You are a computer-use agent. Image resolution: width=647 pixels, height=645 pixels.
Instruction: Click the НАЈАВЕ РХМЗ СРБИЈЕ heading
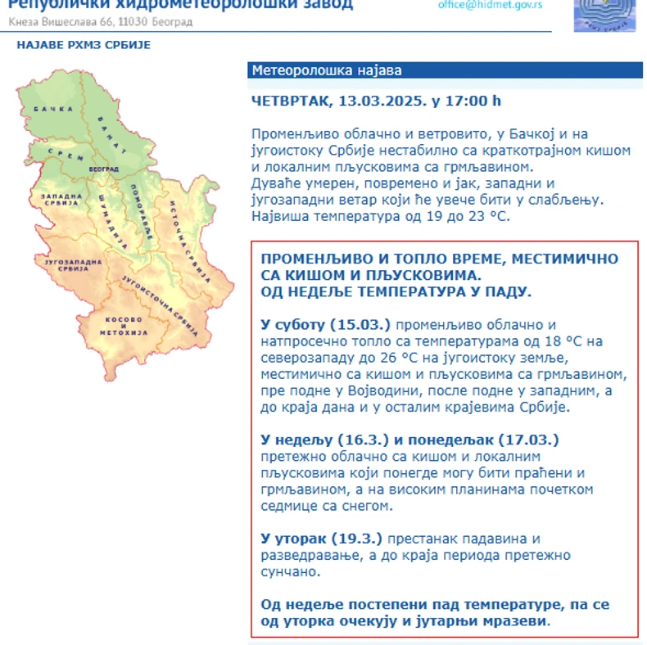pyautogui.click(x=84, y=45)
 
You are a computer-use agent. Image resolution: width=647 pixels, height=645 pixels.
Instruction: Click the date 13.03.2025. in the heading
pyautogui.click(x=382, y=101)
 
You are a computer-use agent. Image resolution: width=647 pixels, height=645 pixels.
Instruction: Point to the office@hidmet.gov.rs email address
pyautogui.click(x=490, y=4)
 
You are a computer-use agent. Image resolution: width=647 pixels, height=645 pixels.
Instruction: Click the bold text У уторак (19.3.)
pyautogui.click(x=321, y=539)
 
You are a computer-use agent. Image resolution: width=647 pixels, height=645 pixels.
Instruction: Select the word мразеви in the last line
pyautogui.click(x=515, y=621)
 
